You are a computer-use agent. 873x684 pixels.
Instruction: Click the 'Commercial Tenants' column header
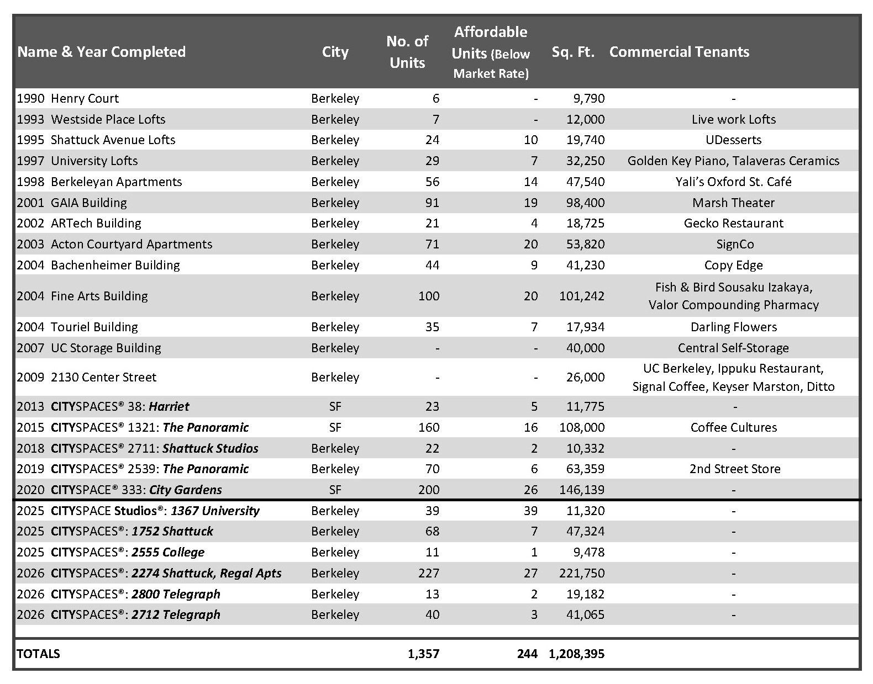[x=679, y=52]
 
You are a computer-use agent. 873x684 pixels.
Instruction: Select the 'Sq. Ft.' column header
[x=573, y=52]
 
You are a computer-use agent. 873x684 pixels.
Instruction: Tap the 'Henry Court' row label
[x=85, y=99]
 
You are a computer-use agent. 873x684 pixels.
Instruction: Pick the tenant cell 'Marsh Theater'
[x=733, y=203]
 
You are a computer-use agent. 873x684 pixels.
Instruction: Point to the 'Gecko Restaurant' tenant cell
[x=733, y=224]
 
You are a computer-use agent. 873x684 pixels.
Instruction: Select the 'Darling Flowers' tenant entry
[x=733, y=327]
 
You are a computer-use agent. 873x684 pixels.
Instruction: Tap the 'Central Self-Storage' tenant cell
[x=733, y=348]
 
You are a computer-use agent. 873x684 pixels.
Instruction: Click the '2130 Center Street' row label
[x=103, y=377]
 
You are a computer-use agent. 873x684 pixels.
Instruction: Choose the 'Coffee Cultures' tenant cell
[x=733, y=427]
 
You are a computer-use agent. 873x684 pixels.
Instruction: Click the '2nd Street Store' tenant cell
[x=734, y=469]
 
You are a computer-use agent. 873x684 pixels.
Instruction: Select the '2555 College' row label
[x=167, y=553]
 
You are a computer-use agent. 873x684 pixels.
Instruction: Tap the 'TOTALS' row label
[x=38, y=654]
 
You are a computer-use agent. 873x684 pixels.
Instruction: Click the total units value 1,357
[x=423, y=654]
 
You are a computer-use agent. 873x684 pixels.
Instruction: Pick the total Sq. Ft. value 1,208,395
[x=576, y=654]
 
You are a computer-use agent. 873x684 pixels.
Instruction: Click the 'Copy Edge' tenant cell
[x=733, y=265]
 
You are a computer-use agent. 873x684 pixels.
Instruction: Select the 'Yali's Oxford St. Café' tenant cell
[x=733, y=182]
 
